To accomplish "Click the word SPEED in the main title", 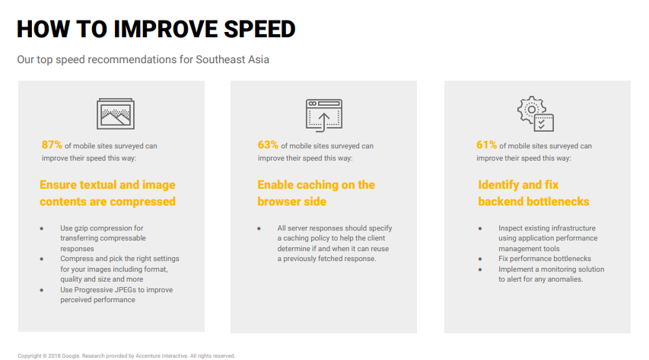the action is tap(259, 29).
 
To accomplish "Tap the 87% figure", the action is tap(52, 145).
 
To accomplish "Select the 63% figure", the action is tap(268, 145).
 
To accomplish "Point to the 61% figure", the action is tap(486, 145).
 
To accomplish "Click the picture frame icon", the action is tap(116, 113).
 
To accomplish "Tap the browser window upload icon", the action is tap(324, 115).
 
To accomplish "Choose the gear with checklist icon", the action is tap(536, 114).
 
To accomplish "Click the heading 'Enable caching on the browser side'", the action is tap(317, 193).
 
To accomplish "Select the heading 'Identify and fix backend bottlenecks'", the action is tap(533, 193).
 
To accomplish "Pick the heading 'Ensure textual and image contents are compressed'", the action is tap(107, 193).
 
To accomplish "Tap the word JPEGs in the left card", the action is tap(126, 289).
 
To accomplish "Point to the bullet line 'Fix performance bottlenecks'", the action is tap(545, 259).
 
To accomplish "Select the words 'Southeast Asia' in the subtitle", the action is tap(232, 59).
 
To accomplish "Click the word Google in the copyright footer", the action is tap(71, 356).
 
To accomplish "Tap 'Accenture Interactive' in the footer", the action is tap(162, 356).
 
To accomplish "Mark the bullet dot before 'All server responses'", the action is tap(259, 228).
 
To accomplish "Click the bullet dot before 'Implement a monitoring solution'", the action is tap(480, 269).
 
